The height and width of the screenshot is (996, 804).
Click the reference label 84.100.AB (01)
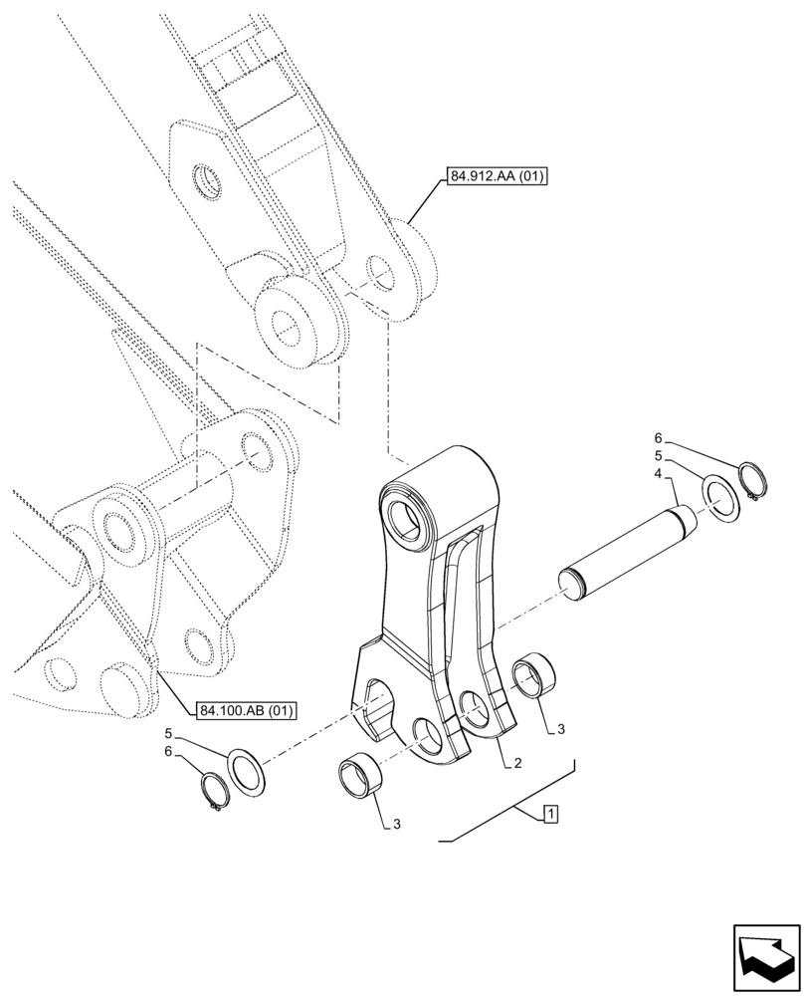(x=247, y=711)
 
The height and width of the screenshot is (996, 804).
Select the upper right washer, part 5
(x=723, y=498)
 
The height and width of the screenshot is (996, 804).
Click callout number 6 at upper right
(x=657, y=437)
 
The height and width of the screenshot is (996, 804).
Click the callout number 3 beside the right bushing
(x=561, y=730)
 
